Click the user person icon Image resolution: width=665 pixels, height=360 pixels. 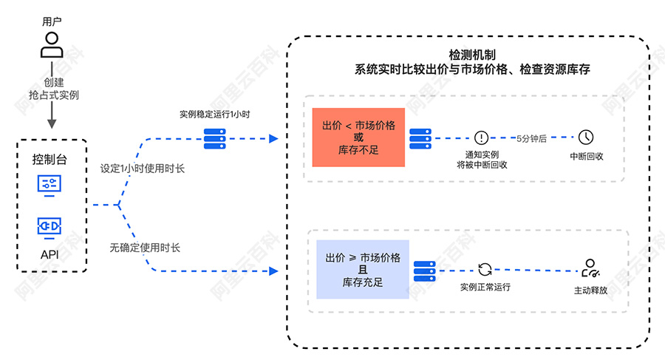[52, 45]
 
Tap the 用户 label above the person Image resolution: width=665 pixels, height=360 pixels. [52, 21]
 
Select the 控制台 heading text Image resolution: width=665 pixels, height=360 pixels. [50, 159]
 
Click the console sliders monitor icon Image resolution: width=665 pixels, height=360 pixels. [50, 186]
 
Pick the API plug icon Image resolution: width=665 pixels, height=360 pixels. [50, 228]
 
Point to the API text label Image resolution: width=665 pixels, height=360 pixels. [50, 255]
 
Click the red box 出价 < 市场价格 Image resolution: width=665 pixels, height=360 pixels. [358, 137]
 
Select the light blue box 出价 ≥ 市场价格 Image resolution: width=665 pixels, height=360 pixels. [363, 270]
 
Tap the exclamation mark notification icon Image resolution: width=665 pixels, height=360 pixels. [481, 137]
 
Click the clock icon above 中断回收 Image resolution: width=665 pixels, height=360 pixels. [586, 137]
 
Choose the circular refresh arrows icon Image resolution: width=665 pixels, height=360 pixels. [485, 270]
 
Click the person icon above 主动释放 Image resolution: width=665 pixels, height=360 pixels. [590, 268]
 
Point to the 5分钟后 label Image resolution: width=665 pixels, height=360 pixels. [531, 138]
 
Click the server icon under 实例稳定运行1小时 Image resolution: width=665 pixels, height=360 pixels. [214, 139]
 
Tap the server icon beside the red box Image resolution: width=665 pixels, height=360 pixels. [420, 139]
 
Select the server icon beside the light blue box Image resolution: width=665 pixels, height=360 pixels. [425, 271]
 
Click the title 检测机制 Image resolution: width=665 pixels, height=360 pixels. [472, 55]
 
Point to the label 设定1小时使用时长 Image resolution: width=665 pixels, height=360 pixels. [143, 169]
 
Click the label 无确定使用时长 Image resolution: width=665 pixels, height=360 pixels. [145, 248]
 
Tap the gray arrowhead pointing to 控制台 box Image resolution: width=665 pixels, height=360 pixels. [52, 123]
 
